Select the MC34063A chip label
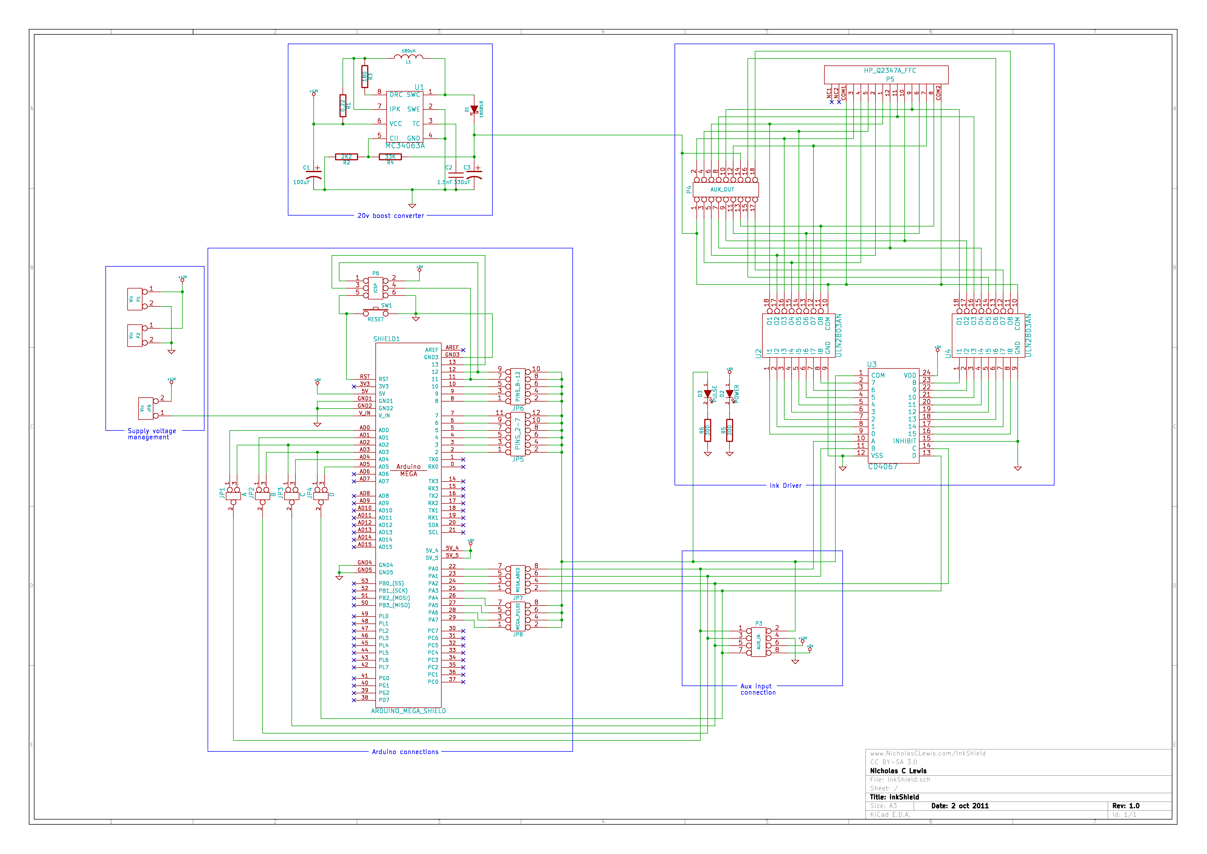tap(405, 146)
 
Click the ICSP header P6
tap(376, 288)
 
